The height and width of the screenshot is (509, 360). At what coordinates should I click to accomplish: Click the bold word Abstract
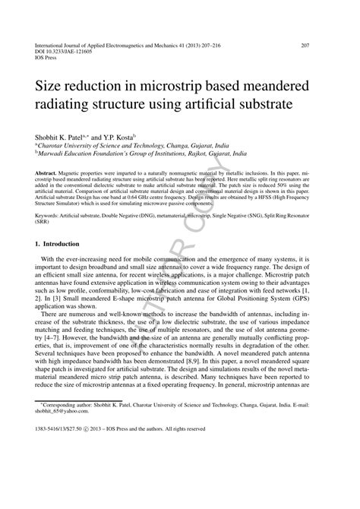point(46,174)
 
